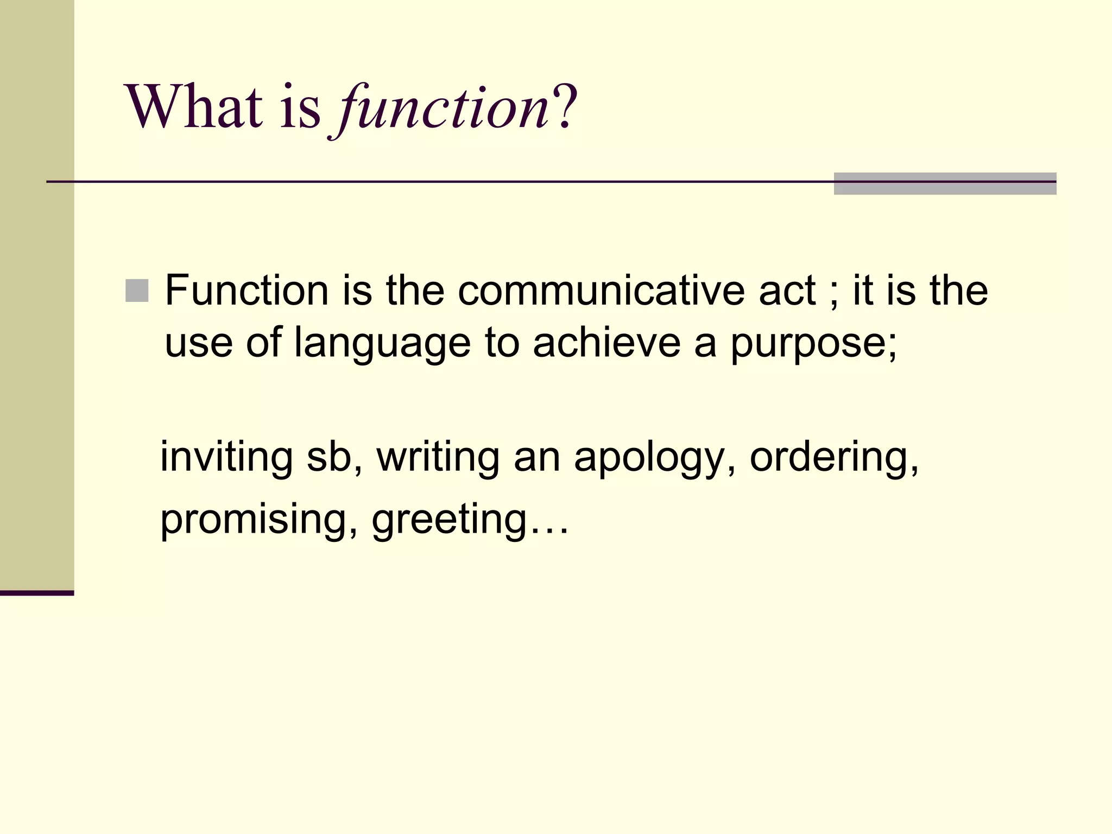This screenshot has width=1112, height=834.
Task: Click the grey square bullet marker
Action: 137,290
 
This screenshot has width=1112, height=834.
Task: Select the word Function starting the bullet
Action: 247,290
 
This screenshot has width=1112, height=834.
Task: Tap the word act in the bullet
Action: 787,290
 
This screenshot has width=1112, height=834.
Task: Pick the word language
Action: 382,343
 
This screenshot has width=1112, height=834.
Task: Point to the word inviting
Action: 226,457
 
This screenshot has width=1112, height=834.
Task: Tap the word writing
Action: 438,457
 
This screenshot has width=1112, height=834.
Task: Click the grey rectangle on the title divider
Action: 944,184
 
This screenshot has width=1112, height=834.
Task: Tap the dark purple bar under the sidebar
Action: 37,593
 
